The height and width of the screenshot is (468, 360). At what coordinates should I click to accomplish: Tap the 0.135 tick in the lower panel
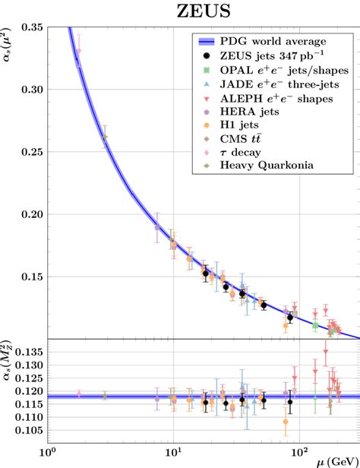(x=30, y=352)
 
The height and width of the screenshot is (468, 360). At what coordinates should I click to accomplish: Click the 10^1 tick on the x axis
(x=174, y=457)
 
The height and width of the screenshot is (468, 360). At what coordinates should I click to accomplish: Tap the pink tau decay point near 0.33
(x=78, y=52)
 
